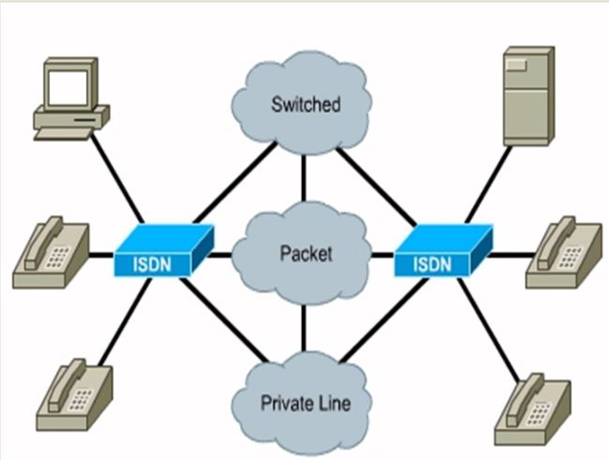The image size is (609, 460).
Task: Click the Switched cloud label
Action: [x=305, y=104]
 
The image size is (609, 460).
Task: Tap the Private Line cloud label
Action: [x=305, y=404]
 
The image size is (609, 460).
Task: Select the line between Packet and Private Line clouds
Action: [x=304, y=328]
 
